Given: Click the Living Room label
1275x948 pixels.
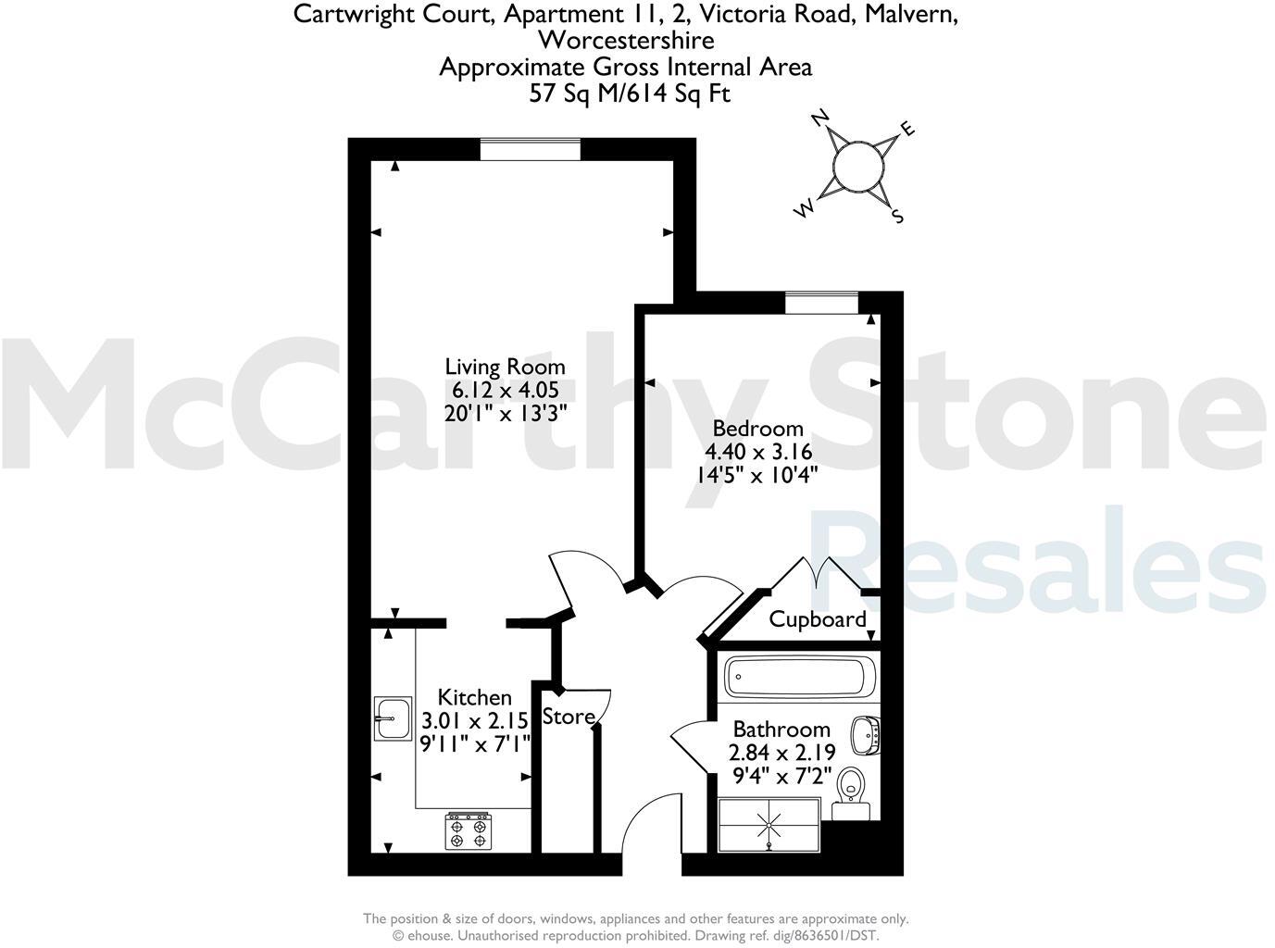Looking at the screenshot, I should click(x=505, y=367).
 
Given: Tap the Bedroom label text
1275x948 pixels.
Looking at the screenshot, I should click(x=756, y=429).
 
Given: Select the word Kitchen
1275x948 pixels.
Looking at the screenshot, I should click(x=474, y=697).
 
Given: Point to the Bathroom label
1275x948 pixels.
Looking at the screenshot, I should click(x=781, y=730).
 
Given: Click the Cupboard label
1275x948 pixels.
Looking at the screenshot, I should click(x=818, y=619).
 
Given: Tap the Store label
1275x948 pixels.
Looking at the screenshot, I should click(x=568, y=717).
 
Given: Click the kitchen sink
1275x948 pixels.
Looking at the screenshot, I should click(x=393, y=717).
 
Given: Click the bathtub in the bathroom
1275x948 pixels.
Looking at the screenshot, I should click(x=798, y=678).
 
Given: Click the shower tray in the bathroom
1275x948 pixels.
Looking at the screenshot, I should click(x=769, y=823).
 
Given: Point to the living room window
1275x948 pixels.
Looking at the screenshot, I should click(x=531, y=149).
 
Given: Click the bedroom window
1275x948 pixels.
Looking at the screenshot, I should click(x=821, y=303).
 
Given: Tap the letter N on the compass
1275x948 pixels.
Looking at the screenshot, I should click(x=819, y=118).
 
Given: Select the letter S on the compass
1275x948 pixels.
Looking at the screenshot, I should click(x=896, y=217).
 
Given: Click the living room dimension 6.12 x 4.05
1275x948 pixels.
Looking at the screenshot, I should click(x=505, y=390).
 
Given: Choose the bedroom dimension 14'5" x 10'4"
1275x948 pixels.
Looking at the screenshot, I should click(x=756, y=475).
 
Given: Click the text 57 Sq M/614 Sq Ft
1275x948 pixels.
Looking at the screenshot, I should click(x=630, y=93).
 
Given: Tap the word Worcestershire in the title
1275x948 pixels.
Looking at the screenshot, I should click(x=626, y=41).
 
